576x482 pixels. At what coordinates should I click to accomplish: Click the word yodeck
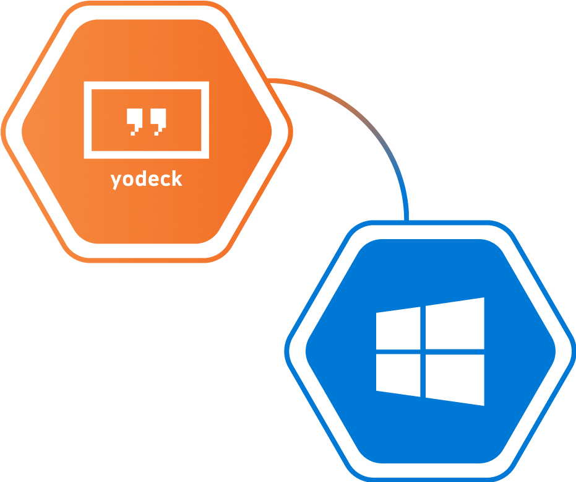tap(147, 180)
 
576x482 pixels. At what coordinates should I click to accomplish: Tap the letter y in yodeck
tap(116, 182)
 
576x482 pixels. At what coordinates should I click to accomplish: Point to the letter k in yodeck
tap(178, 178)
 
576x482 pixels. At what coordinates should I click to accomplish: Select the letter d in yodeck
tap(140, 178)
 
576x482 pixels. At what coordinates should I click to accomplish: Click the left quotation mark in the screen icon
tap(134, 121)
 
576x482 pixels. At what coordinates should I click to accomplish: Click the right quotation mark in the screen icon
tap(158, 121)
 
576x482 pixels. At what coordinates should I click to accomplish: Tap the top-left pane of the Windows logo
tap(398, 328)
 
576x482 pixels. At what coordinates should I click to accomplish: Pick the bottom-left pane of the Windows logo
tap(398, 375)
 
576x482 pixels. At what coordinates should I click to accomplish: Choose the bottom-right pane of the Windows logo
tap(455, 380)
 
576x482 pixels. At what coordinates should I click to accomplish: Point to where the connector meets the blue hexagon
tap(406, 221)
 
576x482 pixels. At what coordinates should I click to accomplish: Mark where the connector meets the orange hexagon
tap(268, 81)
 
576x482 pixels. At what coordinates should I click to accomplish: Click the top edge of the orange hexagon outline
tap(147, 3)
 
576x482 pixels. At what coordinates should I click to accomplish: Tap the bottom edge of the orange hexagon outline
tap(147, 260)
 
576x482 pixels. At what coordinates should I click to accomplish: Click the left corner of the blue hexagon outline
tap(286, 351)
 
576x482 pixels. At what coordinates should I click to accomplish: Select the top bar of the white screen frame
tap(147, 85)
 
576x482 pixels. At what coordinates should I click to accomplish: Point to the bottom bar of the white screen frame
tap(147, 155)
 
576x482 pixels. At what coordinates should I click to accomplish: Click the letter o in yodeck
tap(128, 180)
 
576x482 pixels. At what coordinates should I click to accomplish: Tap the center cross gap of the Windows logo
tap(423, 352)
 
